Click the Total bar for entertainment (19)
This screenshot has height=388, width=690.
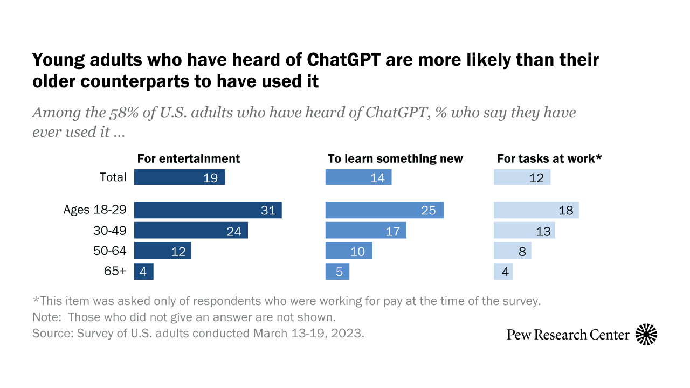click(x=179, y=177)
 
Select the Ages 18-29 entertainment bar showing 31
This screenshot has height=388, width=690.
click(x=208, y=210)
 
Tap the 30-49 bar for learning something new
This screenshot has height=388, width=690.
click(x=365, y=231)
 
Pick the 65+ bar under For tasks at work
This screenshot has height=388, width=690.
click(x=503, y=272)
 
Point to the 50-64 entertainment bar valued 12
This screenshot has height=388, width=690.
click(x=162, y=251)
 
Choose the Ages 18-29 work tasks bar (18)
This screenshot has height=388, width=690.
click(x=536, y=210)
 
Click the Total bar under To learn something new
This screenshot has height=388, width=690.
click(x=358, y=177)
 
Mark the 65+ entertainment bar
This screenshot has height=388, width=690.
click(x=143, y=272)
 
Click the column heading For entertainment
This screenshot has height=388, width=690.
click(x=189, y=158)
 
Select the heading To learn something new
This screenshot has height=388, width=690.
click(x=395, y=158)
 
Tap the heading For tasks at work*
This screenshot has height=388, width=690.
click(x=549, y=158)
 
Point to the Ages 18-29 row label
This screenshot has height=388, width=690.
click(x=95, y=210)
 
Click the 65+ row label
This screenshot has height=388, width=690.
click(x=115, y=272)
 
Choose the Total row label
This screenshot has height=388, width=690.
click(x=113, y=177)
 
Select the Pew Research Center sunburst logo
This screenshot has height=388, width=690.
click(x=646, y=335)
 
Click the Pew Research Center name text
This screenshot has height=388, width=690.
click(x=568, y=335)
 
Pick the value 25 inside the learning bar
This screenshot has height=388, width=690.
click(x=428, y=210)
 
